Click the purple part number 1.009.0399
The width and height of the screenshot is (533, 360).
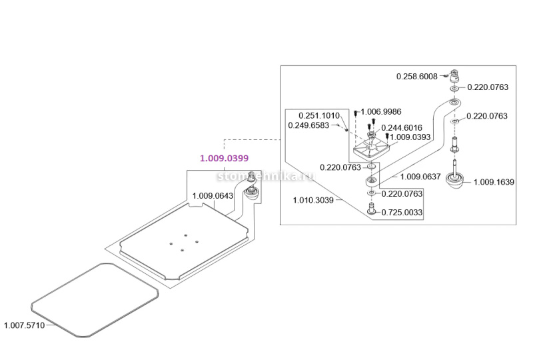click(x=224, y=159)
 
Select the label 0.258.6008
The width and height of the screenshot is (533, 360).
click(x=416, y=77)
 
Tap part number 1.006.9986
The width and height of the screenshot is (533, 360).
click(x=381, y=112)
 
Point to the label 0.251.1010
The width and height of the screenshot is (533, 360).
click(x=318, y=115)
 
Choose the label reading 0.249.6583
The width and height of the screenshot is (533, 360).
click(x=308, y=125)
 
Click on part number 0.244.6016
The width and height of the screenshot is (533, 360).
click(x=402, y=128)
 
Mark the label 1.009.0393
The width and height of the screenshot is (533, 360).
click(x=410, y=137)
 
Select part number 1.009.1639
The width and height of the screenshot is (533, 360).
click(x=494, y=181)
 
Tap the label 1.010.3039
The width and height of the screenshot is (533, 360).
click(x=313, y=199)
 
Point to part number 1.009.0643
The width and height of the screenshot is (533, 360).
click(x=213, y=196)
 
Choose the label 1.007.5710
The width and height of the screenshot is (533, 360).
click(x=24, y=325)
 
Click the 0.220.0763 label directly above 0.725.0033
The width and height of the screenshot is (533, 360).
click(x=402, y=194)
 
